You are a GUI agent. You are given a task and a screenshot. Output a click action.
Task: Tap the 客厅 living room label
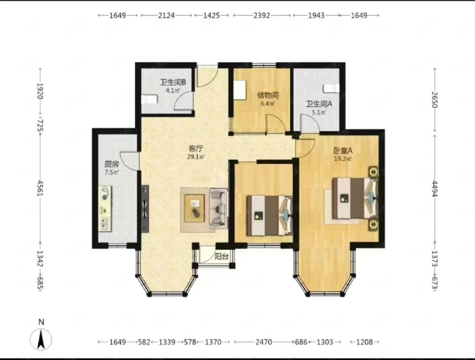[196, 148]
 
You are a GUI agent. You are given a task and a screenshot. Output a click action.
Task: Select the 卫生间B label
[173, 82]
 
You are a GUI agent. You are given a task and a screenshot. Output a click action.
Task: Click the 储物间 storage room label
[268, 95]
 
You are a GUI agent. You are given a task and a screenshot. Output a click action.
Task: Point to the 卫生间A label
[319, 104]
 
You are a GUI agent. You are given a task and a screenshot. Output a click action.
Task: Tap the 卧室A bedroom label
[343, 150]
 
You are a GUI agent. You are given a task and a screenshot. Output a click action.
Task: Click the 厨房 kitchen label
[112, 165]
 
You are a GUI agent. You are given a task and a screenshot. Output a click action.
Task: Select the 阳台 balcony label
[222, 256]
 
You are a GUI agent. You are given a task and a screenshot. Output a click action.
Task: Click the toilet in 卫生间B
[150, 99]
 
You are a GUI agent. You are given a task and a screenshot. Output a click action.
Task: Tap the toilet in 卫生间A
[331, 88]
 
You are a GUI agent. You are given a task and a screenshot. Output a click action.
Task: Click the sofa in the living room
[219, 208]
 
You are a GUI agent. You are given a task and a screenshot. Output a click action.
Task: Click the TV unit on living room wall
[145, 209]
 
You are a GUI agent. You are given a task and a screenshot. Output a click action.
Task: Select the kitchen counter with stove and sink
[105, 208]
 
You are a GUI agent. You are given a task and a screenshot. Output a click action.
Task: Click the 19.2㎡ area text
[343, 159]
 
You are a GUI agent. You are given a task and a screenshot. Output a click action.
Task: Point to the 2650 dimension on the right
[435, 100]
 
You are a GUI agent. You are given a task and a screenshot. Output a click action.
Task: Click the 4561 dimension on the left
[40, 188]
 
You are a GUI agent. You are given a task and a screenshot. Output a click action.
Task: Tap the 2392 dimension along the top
[262, 15]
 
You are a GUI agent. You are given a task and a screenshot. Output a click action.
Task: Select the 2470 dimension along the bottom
[264, 342]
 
